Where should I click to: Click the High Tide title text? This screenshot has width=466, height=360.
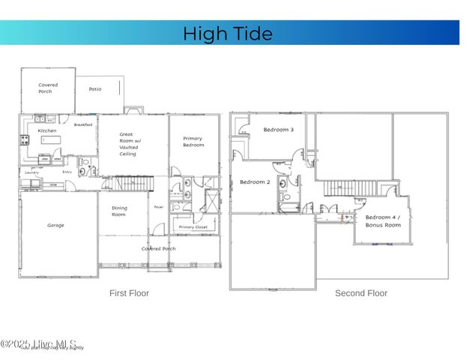[x=228, y=34]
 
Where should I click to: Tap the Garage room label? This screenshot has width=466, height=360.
[x=55, y=225]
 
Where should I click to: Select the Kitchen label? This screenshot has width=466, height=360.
[x=47, y=130]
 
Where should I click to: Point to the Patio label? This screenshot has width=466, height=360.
[x=95, y=89]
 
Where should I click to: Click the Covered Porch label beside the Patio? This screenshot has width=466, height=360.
[x=48, y=88]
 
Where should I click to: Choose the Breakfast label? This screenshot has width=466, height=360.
[x=83, y=124]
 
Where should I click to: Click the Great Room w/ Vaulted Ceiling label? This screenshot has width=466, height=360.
[x=128, y=144]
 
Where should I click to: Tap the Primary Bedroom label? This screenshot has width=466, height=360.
[x=193, y=141]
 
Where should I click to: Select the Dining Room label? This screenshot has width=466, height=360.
[x=119, y=211]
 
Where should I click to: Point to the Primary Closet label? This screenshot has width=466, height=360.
[x=192, y=226]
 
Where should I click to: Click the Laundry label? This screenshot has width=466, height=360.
[x=31, y=172]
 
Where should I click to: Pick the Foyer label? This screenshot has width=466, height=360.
[x=159, y=207]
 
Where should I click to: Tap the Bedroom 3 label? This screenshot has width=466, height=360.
[x=278, y=130]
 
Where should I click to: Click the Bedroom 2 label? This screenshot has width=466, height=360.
[x=254, y=182]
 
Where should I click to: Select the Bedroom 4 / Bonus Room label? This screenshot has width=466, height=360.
[x=383, y=220]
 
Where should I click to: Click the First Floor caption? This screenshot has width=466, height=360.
[x=129, y=293]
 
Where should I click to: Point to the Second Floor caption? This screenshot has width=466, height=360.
[x=360, y=293]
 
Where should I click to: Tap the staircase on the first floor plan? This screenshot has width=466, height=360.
[x=129, y=184]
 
